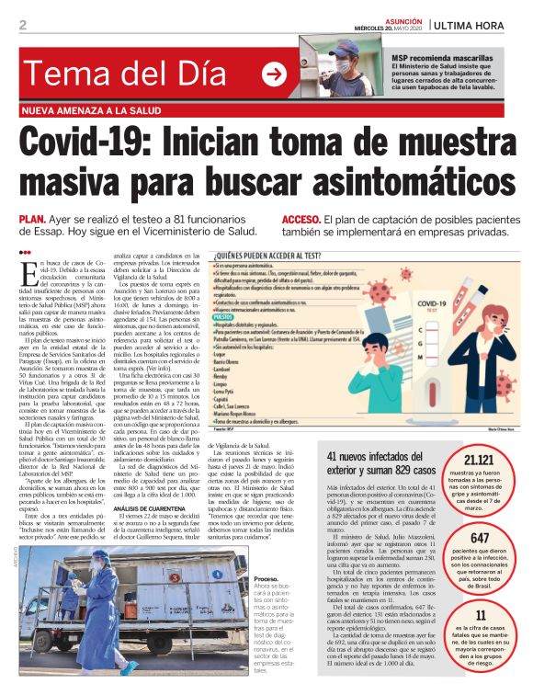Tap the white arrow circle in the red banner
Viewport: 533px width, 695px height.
[274, 74]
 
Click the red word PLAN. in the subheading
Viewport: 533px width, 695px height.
[32, 220]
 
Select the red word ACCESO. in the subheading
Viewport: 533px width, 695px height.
[301, 220]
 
